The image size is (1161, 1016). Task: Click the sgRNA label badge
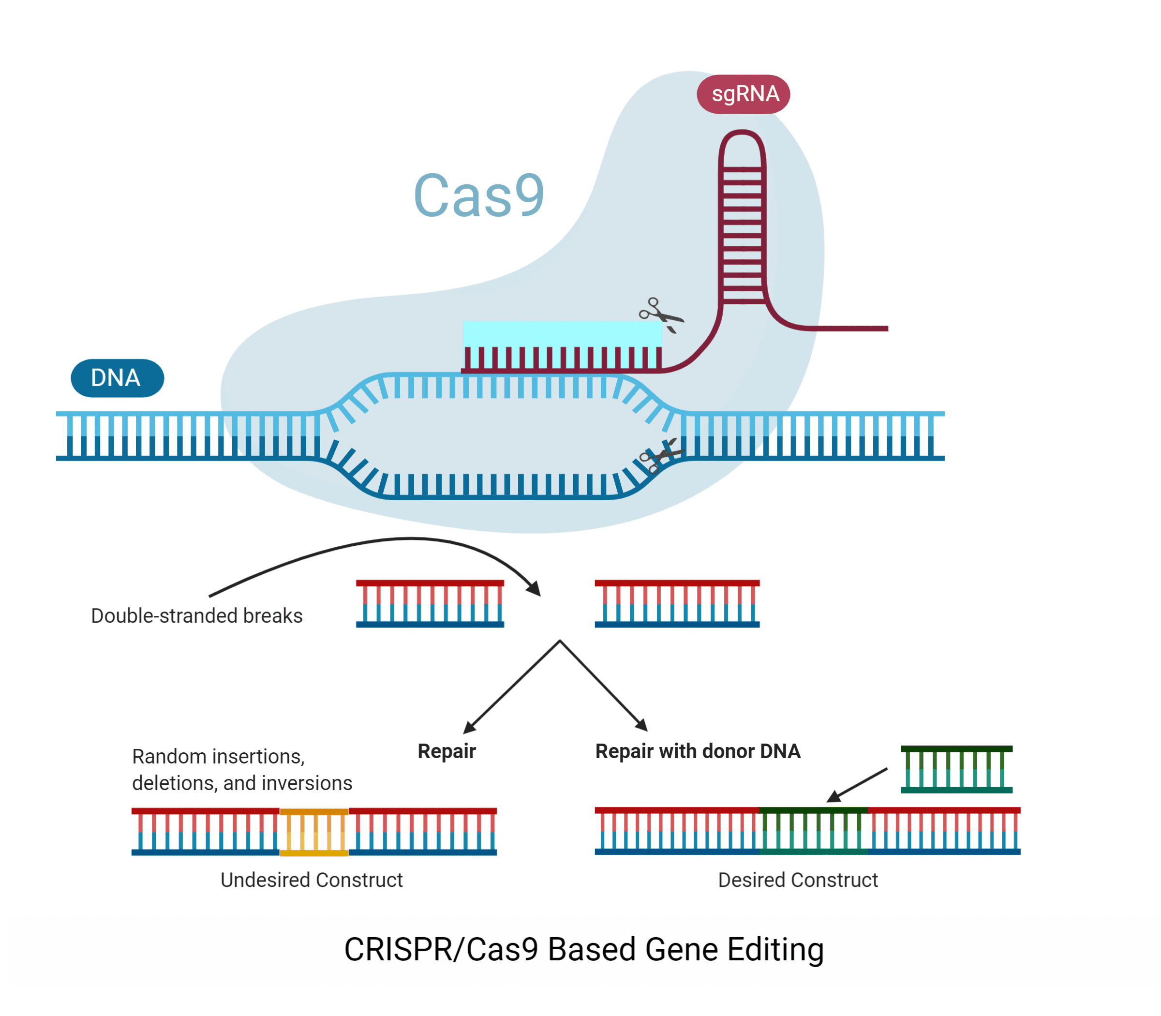[743, 94]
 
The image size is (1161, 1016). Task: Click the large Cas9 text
[479, 195]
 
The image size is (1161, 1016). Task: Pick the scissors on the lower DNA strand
[660, 455]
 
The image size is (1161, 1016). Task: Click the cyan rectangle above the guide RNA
[562, 333]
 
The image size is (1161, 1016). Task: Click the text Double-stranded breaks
[197, 616]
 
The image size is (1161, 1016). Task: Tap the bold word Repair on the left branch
[447, 751]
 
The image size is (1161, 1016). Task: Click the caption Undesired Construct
[311, 880]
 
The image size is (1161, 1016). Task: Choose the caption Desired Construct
[798, 880]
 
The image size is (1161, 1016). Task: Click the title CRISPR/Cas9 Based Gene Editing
[584, 950]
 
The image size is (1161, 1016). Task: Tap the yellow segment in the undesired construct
[314, 832]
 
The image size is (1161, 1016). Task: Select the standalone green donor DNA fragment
[956, 769]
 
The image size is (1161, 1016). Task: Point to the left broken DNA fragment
[430, 603]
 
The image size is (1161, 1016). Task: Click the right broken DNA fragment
[677, 603]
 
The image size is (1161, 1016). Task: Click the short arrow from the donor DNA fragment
[857, 785]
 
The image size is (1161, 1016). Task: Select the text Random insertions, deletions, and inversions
[242, 769]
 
